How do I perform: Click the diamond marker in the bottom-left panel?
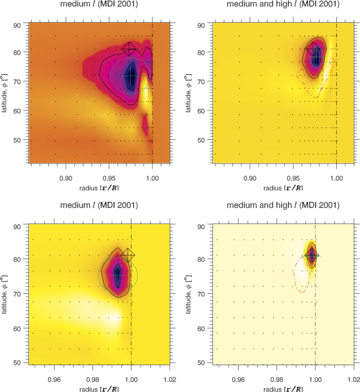point(128,254)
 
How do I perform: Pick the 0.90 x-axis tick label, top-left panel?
point(66,178)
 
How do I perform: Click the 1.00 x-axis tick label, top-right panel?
point(336,178)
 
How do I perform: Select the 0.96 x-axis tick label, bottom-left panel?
point(55,377)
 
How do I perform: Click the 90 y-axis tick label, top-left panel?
point(17,25)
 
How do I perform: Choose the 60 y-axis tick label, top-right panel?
point(201,111)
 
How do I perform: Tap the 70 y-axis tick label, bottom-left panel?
point(17,294)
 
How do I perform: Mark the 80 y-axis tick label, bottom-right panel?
point(201,259)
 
